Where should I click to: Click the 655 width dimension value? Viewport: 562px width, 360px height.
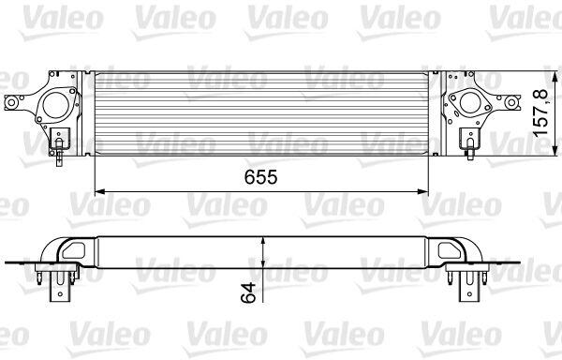260,177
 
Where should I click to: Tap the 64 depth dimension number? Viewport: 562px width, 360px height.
248,292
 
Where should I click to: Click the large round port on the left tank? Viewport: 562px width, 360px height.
55,105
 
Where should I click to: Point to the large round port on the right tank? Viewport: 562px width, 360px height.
470,103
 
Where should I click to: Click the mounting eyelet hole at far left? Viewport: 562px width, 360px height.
11,103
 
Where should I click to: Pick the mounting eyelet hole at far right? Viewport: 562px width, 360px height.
511,102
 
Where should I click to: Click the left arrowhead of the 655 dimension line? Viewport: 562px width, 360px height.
99,192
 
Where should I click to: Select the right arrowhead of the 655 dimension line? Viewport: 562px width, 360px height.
423,192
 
